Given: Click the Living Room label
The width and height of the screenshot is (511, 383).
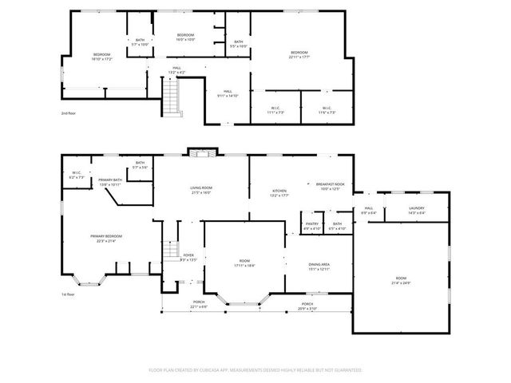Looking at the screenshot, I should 200,188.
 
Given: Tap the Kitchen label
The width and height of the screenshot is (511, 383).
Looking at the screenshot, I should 279,191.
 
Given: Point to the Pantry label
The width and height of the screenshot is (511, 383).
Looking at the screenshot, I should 312,223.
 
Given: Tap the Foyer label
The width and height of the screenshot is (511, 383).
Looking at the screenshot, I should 188,255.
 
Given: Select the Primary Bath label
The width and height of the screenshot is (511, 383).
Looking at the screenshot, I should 110,180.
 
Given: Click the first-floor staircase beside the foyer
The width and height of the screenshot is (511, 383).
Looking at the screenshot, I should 170,251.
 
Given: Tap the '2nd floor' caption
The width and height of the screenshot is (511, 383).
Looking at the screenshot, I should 69,113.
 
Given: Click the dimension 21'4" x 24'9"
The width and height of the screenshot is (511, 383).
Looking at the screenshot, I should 401,283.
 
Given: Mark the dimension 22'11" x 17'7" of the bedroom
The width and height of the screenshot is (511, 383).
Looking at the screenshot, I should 299,57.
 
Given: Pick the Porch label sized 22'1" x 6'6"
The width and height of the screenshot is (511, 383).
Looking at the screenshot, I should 198,306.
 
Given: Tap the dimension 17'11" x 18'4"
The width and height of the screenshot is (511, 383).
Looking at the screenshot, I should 244,266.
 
